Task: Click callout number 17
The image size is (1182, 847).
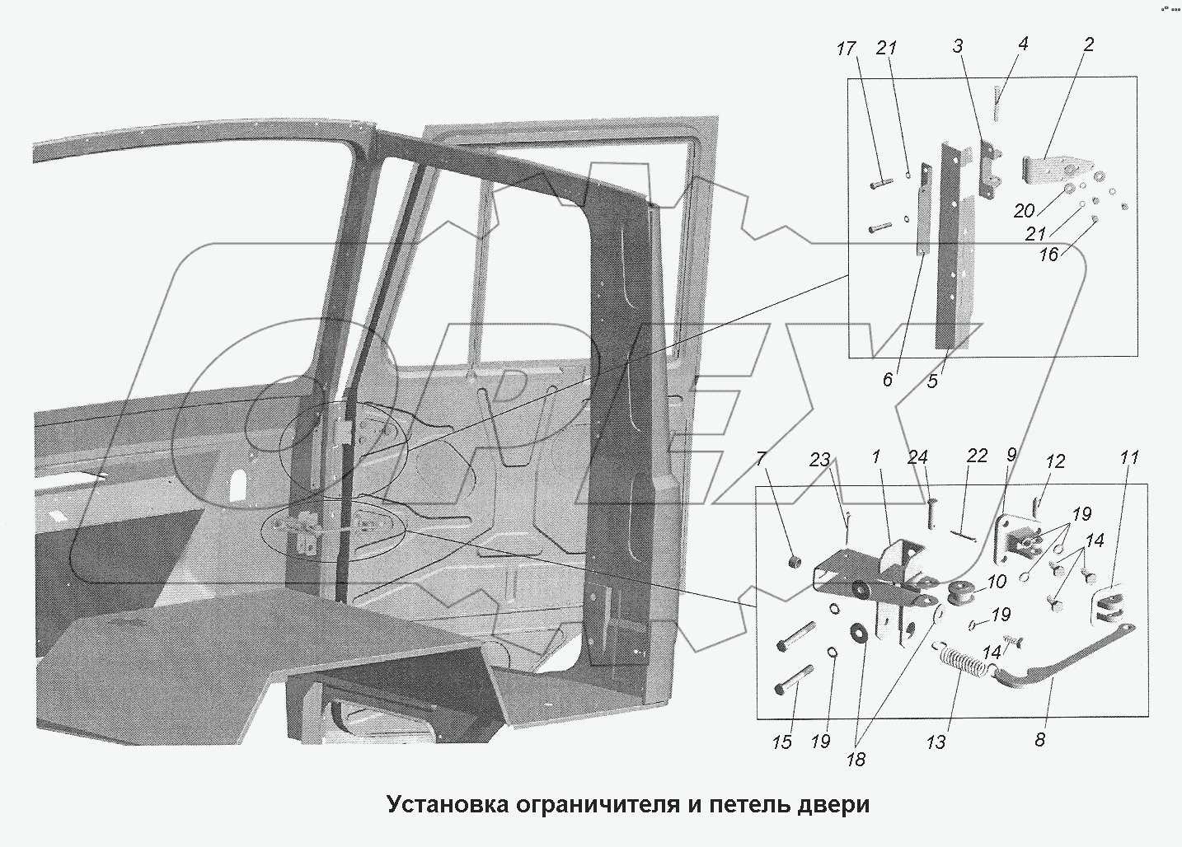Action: (x=846, y=49)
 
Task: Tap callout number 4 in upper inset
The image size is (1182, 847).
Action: (x=1022, y=44)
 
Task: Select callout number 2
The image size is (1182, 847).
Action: (x=1088, y=45)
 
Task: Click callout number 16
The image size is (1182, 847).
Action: (x=1048, y=255)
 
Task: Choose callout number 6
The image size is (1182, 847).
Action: (x=887, y=380)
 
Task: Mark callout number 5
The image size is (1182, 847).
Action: (x=932, y=381)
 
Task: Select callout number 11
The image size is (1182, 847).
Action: (x=1129, y=457)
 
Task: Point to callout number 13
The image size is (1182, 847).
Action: (x=936, y=742)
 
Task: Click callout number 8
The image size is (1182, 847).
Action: (x=1039, y=740)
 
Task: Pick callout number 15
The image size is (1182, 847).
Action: (x=781, y=742)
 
